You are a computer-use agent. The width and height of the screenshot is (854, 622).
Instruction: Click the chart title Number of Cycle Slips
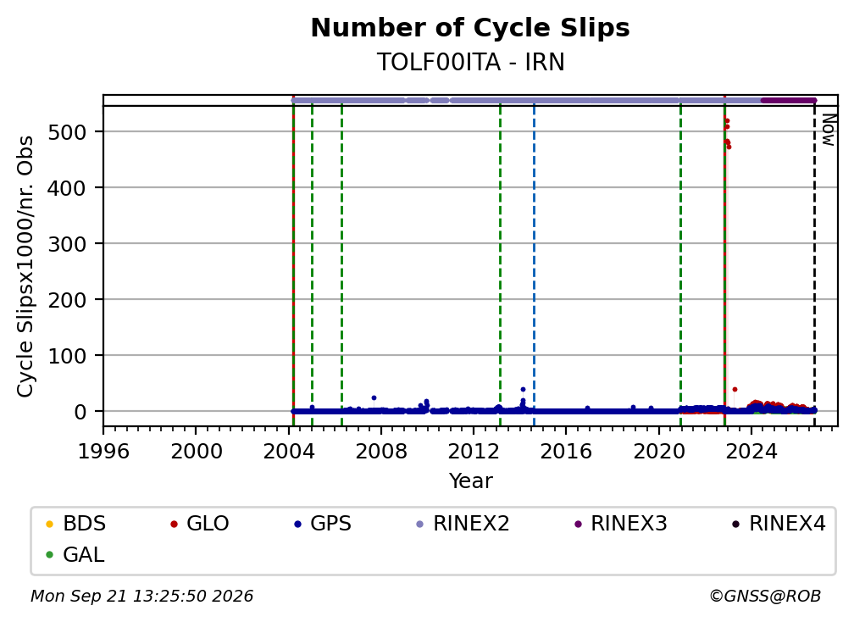tap(470, 28)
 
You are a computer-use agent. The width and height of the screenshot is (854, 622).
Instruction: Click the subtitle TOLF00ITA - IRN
tap(470, 62)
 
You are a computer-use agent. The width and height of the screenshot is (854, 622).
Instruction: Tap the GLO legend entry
tap(199, 524)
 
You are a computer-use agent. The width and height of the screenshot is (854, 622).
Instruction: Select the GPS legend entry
tap(323, 524)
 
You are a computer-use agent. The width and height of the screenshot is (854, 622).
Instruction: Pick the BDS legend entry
tap(75, 524)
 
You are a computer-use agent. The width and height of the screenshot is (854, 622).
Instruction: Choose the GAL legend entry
tap(75, 555)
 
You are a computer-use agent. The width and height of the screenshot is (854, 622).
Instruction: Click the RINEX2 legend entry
tap(463, 524)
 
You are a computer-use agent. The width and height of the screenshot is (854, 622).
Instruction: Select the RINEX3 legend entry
tap(621, 524)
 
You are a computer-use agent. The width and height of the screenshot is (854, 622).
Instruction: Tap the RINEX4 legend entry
tap(779, 524)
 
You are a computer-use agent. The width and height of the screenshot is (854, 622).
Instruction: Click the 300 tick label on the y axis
tap(67, 244)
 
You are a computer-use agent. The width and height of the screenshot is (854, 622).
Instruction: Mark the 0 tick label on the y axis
tap(80, 412)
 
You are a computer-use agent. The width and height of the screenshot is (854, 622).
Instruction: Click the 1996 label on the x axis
tap(103, 452)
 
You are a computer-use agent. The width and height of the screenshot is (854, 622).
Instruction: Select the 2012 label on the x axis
tap(474, 452)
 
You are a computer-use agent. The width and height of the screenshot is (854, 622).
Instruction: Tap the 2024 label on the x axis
tap(751, 452)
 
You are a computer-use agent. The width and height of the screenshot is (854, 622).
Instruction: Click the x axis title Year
tap(470, 481)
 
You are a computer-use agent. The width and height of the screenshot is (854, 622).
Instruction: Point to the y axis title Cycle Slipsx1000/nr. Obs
tap(25, 266)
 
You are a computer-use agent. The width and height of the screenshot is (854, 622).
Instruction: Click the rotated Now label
tap(829, 130)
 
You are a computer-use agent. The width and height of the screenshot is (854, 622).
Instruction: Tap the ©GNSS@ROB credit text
tap(765, 597)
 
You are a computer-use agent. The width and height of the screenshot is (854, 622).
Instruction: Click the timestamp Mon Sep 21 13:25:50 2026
tap(141, 597)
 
